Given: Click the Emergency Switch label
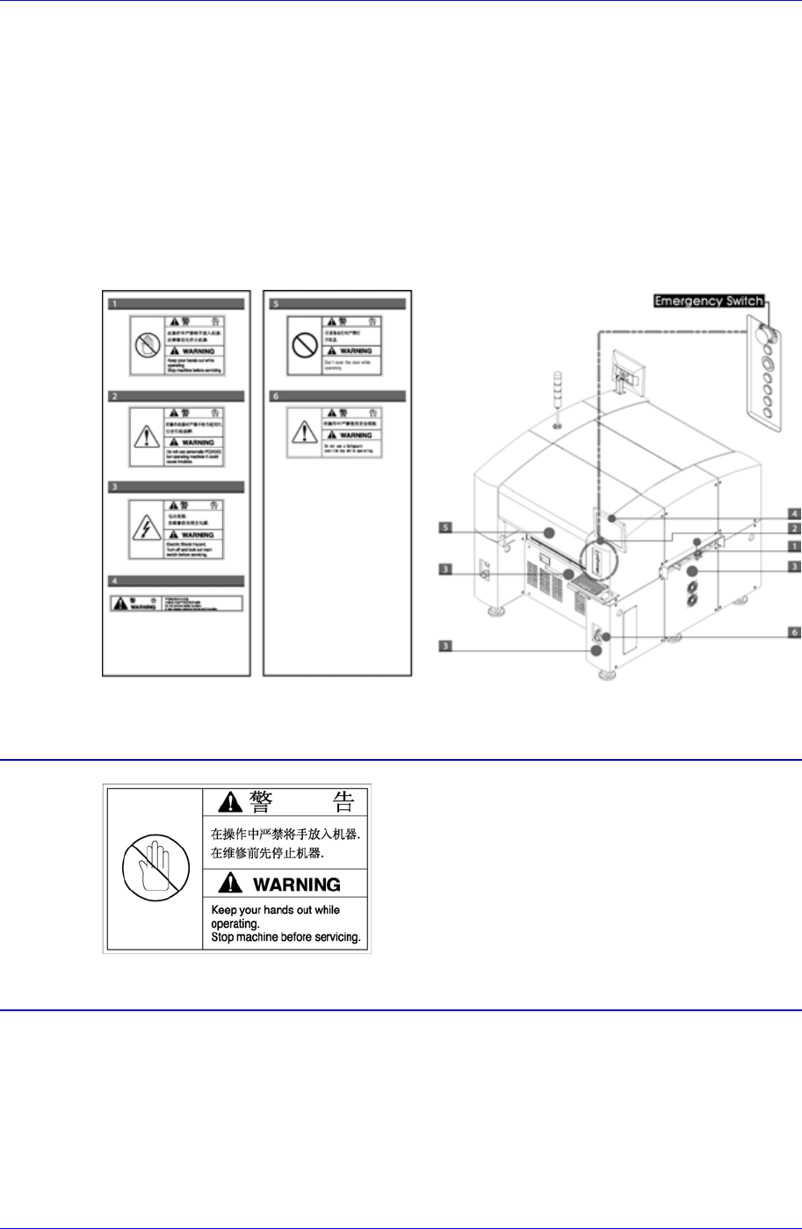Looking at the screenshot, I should (708, 300).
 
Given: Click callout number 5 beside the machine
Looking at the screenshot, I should (445, 528).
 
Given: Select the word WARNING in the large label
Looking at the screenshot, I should (286, 884).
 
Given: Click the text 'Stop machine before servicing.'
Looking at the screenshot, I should (286, 938).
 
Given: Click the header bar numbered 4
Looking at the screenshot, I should (176, 581).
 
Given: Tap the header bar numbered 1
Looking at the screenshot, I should (176, 305).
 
